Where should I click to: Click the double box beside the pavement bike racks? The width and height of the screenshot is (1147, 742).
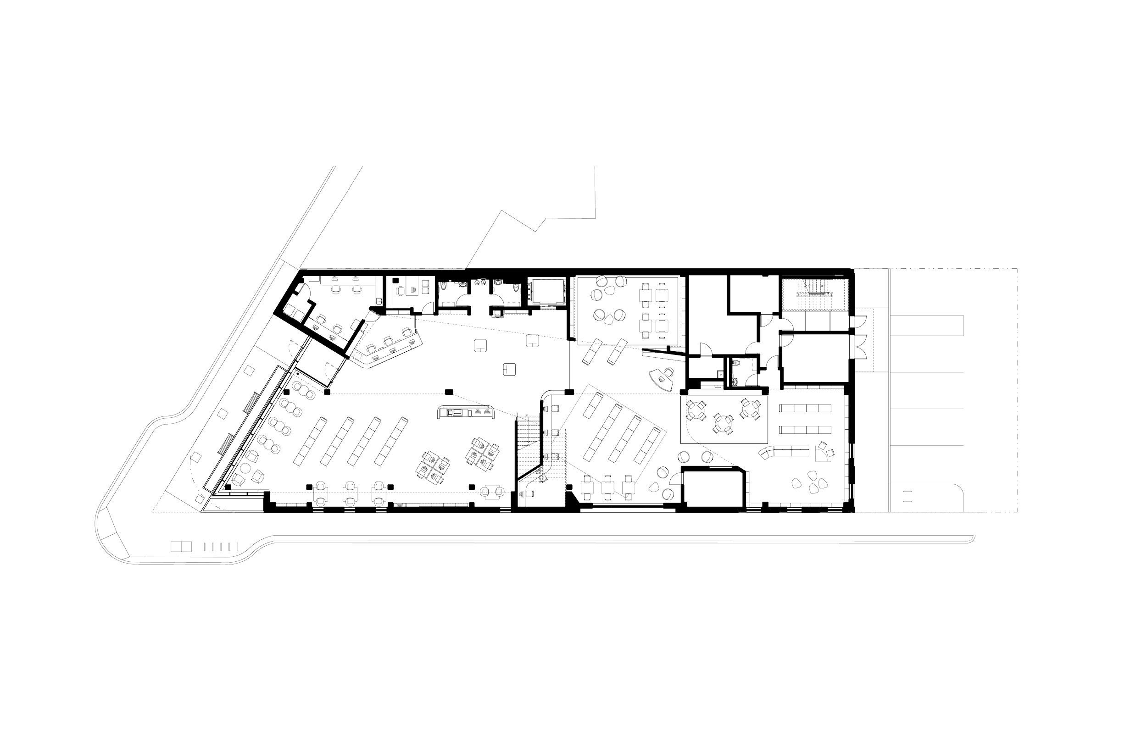pyautogui.click(x=181, y=546)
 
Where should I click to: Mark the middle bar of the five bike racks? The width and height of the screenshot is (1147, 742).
pyautogui.click(x=221, y=547)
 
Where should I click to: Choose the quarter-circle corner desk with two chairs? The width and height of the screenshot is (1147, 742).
pyautogui.click(x=824, y=453)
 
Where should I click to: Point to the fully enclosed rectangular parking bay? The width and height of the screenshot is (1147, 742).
pyautogui.click(x=927, y=326)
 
